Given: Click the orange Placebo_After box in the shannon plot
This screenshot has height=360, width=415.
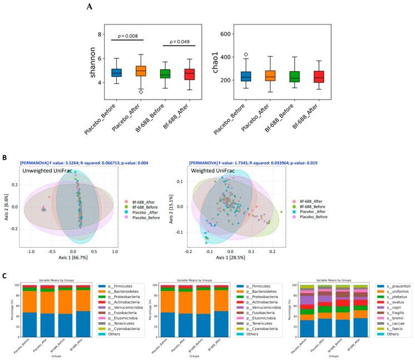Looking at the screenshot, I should (x=141, y=71).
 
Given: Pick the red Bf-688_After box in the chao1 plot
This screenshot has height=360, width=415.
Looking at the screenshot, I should (x=318, y=77).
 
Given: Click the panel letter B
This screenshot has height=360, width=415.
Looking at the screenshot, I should (x=4, y=159).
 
